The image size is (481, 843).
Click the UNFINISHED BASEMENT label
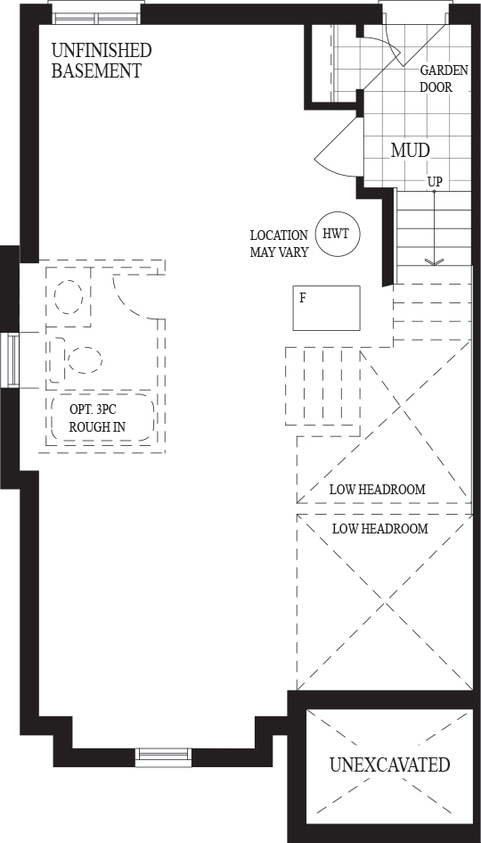102,61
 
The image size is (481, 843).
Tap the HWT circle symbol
337,234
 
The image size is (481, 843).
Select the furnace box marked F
326,308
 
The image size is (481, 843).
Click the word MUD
410,151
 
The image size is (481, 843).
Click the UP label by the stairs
435,182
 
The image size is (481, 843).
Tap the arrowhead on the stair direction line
435,262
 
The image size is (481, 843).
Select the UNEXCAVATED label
390,764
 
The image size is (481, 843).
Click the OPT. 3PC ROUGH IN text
97,417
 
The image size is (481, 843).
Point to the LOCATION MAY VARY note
279,244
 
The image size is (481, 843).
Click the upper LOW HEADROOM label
378,490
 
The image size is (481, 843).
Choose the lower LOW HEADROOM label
380,528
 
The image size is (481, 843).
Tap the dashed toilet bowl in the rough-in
85,360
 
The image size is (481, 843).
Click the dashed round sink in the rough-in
69,297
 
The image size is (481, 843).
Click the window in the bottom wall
163,757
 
